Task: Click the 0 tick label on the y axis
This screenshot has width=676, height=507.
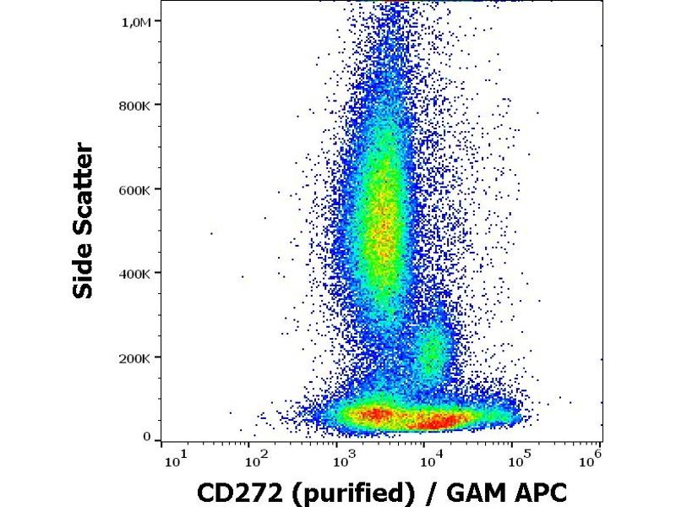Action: tap(146, 437)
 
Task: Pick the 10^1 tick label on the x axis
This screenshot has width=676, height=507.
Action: tap(175, 461)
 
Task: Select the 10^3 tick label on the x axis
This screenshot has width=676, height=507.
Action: tap(341, 461)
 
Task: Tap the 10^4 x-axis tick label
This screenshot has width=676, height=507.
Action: tap(430, 461)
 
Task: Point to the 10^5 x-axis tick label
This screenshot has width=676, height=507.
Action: tap(518, 461)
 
